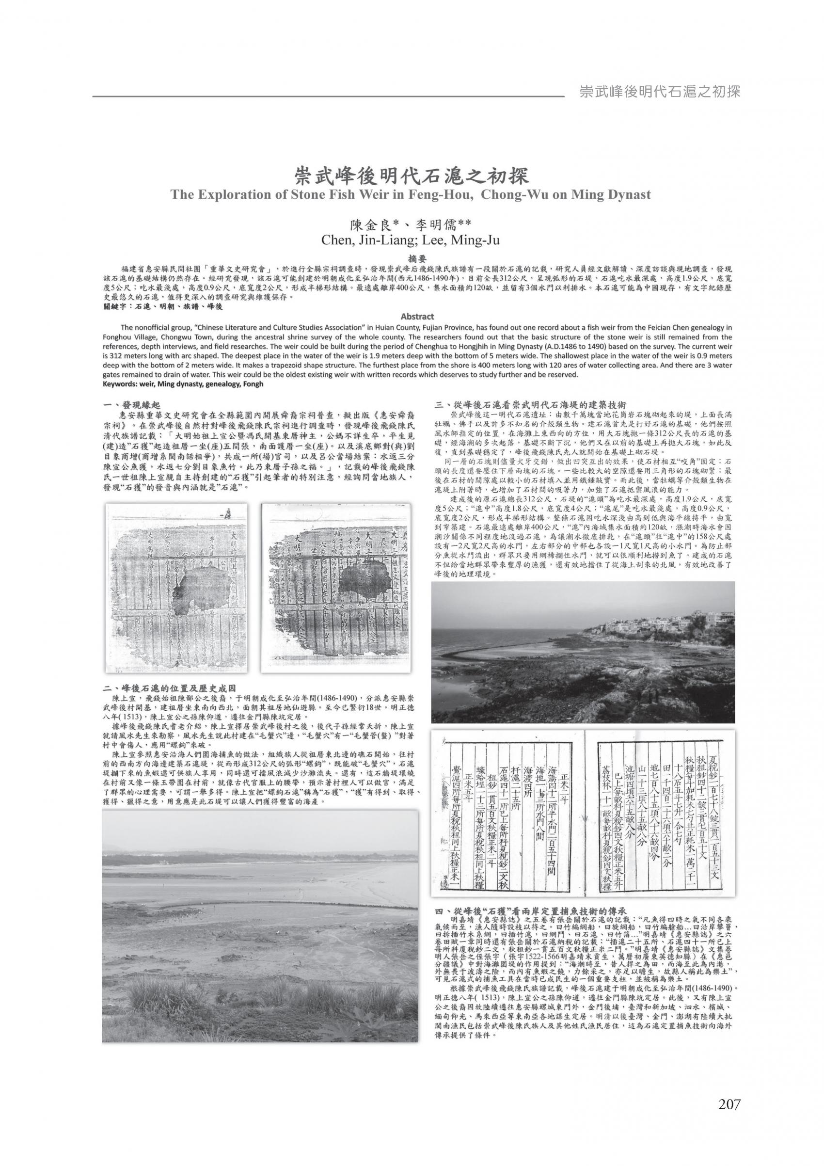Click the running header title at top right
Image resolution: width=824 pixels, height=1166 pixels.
tap(659, 92)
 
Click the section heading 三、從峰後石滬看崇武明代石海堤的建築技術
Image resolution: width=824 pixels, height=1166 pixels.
tap(531, 405)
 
